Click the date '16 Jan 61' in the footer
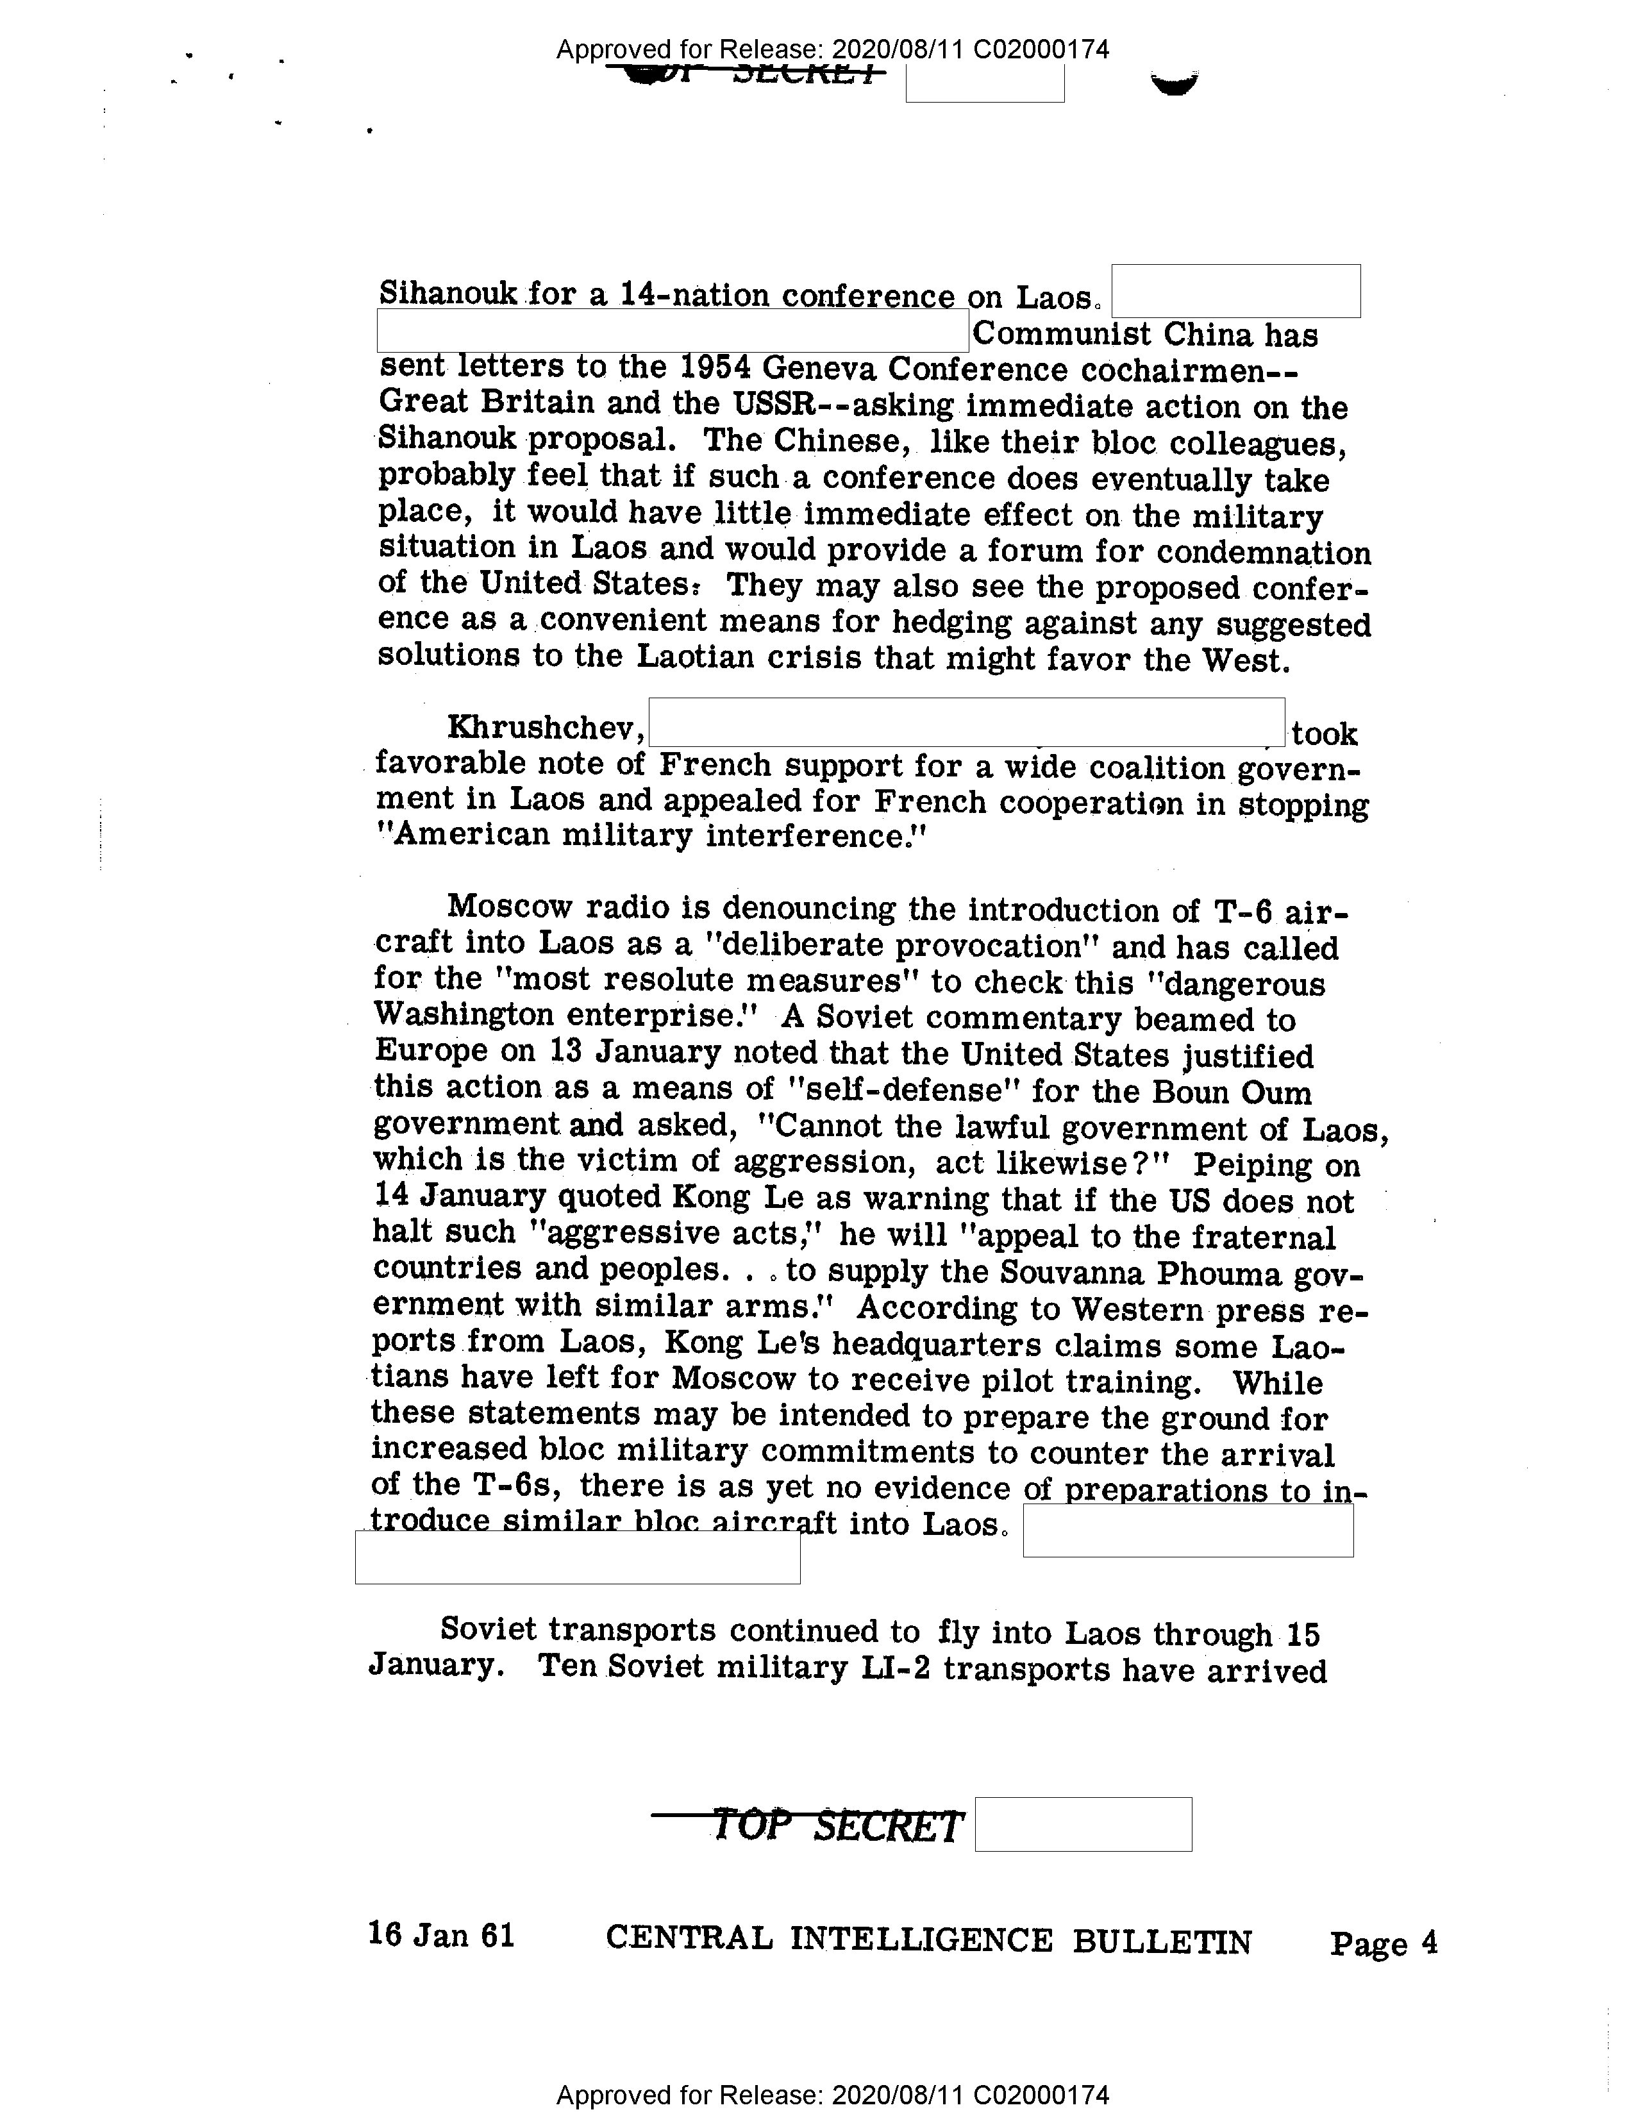click(x=441, y=1935)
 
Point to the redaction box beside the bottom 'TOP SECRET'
click(x=1083, y=1825)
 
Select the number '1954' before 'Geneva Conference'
click(x=715, y=369)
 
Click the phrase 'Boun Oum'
click(x=1231, y=1092)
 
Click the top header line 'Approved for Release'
click(x=832, y=49)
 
